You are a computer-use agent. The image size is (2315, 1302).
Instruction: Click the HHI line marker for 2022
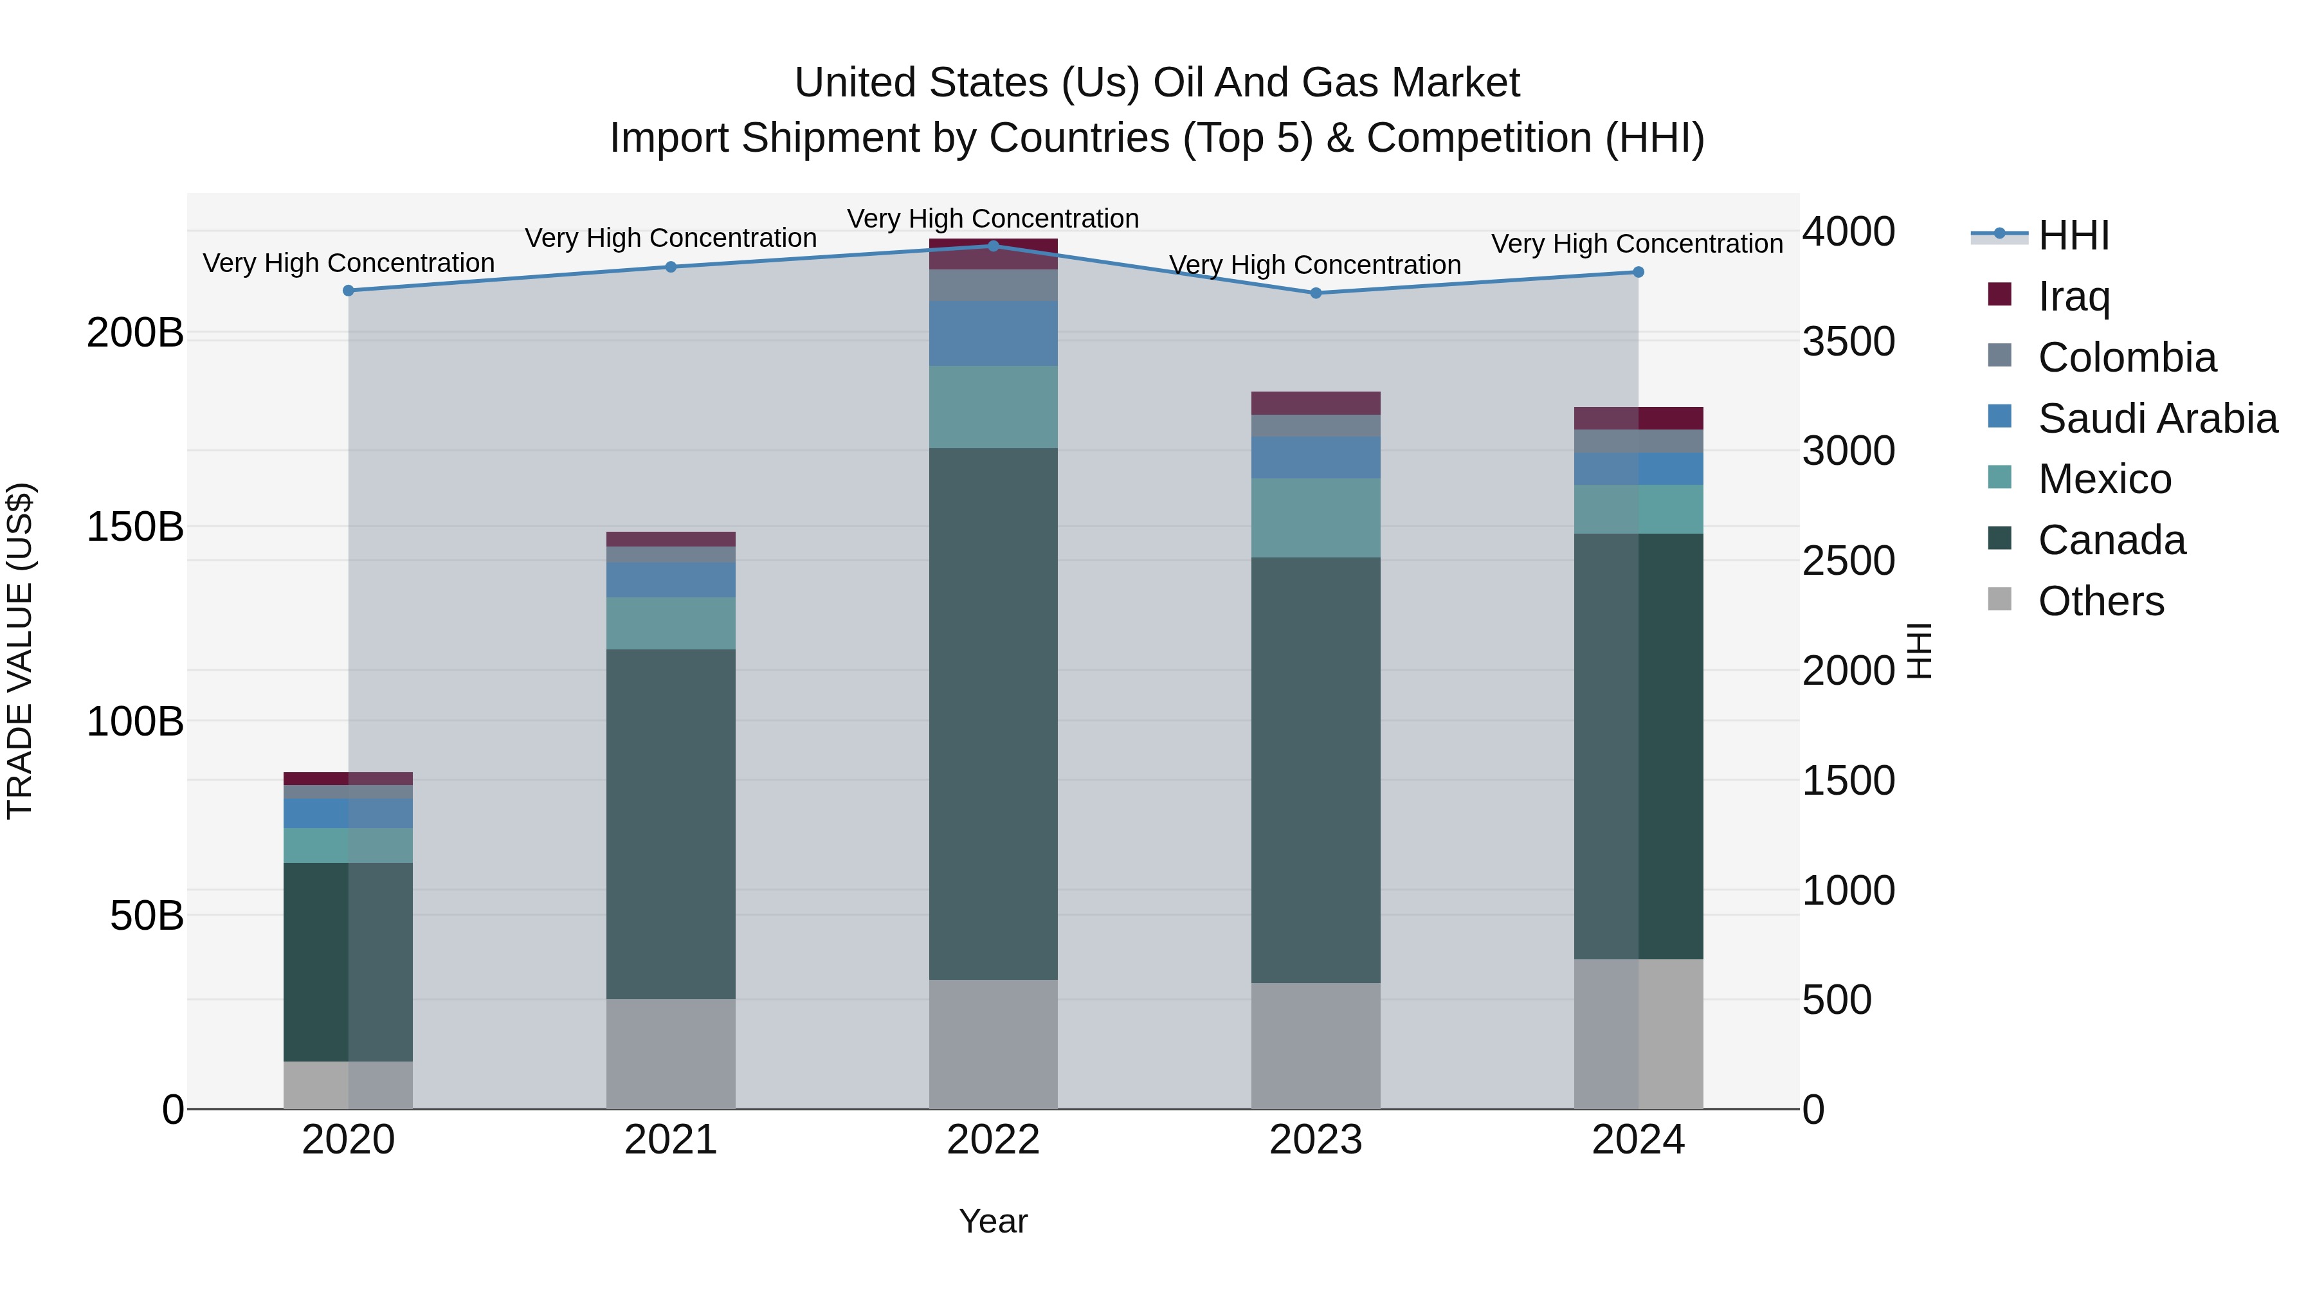[993, 246]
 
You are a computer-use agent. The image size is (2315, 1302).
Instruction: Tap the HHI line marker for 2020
[349, 290]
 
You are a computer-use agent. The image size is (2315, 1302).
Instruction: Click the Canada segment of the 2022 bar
[993, 714]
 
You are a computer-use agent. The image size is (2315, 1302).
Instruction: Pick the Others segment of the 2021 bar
[671, 1053]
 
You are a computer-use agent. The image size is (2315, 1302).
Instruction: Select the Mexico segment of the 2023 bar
[1316, 518]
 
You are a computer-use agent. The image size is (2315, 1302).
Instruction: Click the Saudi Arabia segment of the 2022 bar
[993, 333]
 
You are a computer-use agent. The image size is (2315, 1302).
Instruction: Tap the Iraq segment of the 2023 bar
[1316, 402]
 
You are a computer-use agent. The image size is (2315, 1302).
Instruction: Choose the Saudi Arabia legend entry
[2157, 418]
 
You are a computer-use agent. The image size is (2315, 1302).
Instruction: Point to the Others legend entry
[2100, 601]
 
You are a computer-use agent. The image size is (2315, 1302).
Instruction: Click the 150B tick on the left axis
[135, 527]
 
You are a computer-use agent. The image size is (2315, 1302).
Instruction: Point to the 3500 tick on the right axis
[1849, 341]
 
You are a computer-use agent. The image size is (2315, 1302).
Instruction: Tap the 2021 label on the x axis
[671, 1139]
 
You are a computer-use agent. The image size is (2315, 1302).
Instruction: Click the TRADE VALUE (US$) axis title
[20, 651]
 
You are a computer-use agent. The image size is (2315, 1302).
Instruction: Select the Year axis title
[993, 1221]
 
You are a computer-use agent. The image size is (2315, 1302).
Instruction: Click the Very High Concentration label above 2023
[1315, 265]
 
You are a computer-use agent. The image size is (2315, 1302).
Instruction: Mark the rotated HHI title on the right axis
[1919, 651]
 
